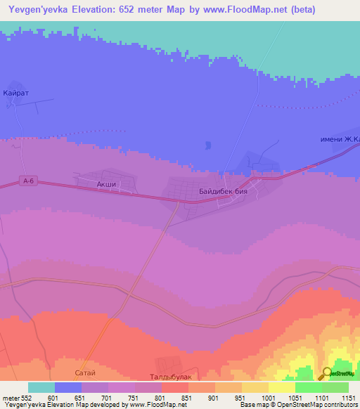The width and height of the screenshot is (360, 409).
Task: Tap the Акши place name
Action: tap(105, 184)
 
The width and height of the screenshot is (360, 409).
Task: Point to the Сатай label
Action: tap(84, 372)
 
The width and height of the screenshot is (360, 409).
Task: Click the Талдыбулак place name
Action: tap(172, 377)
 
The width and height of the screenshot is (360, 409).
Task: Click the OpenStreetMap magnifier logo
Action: tap(327, 373)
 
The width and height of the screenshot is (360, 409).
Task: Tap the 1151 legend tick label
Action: tap(349, 397)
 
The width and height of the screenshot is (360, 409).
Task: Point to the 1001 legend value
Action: tap(268, 397)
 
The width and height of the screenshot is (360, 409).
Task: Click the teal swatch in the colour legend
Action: tap(41, 387)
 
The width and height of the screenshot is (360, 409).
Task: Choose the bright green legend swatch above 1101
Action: tap(309, 387)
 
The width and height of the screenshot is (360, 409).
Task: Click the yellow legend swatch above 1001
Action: tap(255, 387)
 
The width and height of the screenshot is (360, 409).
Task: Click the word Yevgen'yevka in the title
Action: tap(33, 10)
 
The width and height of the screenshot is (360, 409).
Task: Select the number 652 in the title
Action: tap(124, 10)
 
